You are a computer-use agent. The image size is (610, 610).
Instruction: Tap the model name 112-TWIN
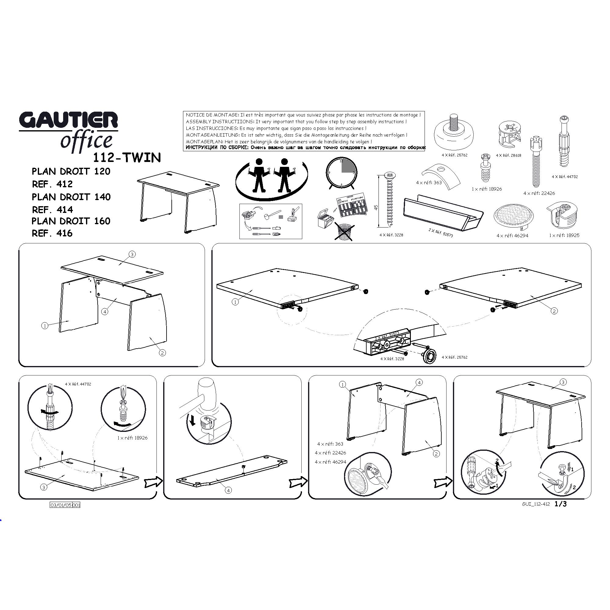click(127, 158)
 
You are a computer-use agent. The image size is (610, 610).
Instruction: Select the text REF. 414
click(52, 210)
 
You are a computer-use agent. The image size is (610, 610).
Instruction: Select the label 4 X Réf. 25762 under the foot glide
click(454, 155)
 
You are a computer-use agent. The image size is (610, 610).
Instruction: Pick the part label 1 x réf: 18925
click(564, 235)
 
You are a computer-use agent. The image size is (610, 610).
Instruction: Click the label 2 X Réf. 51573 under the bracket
click(441, 233)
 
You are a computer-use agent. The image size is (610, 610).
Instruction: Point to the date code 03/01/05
click(61, 505)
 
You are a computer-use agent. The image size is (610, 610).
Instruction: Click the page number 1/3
click(560, 504)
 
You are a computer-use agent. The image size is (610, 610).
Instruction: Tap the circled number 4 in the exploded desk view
click(105, 312)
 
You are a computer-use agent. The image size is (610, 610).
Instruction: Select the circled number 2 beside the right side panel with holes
click(554, 311)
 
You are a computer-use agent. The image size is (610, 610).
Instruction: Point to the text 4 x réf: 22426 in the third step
click(330, 453)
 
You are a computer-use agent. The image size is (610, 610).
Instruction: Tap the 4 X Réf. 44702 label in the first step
click(78, 384)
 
